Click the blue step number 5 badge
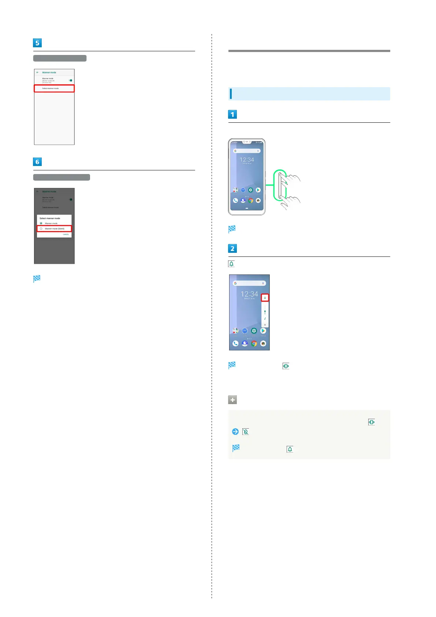37,43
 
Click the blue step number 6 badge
37,162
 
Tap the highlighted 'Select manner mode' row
54,88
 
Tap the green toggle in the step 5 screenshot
70,80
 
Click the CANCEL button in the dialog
66,234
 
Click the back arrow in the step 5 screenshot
37,73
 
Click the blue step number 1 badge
232,114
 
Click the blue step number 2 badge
232,248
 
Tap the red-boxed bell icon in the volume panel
265,298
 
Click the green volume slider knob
265,311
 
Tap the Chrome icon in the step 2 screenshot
254,343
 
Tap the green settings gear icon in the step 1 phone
250,190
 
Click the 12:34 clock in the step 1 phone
247,160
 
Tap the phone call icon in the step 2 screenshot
235,343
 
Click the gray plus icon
232,400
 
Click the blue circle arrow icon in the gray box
235,432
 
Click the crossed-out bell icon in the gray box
246,432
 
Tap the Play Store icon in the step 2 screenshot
263,331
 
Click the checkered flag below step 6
37,279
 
